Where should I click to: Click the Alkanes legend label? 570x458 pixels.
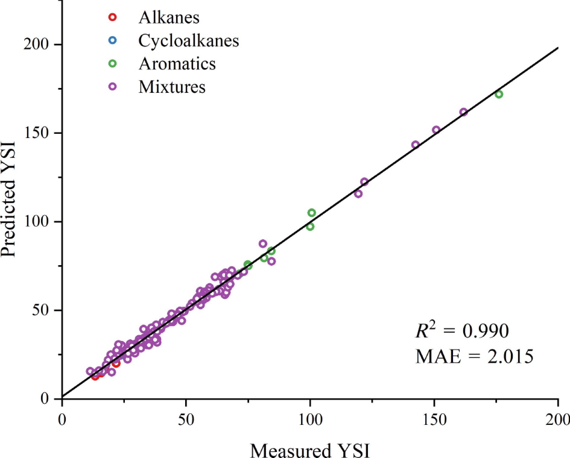(169, 17)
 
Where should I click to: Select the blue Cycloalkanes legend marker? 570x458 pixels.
(112, 40)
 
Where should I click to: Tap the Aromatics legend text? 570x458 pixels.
(177, 64)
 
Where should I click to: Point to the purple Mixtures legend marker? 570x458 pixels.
(112, 87)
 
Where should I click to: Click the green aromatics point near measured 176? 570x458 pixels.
(499, 94)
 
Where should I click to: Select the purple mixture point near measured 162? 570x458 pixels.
(464, 112)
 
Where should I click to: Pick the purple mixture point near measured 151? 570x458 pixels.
(436, 130)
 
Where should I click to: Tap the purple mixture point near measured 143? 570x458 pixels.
(416, 145)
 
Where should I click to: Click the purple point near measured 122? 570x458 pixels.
(364, 182)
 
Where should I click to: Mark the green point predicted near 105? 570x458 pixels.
(312, 213)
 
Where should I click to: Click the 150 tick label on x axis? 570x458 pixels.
(434, 420)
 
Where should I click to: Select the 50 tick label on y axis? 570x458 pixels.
(40, 310)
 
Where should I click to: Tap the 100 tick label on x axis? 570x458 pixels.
(310, 420)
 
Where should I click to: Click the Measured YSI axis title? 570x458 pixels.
(310, 450)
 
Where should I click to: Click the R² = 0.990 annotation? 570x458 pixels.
(462, 331)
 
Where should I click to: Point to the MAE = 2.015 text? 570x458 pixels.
(474, 356)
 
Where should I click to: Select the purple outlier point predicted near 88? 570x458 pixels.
(263, 243)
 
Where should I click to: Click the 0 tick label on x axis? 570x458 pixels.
(62, 420)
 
